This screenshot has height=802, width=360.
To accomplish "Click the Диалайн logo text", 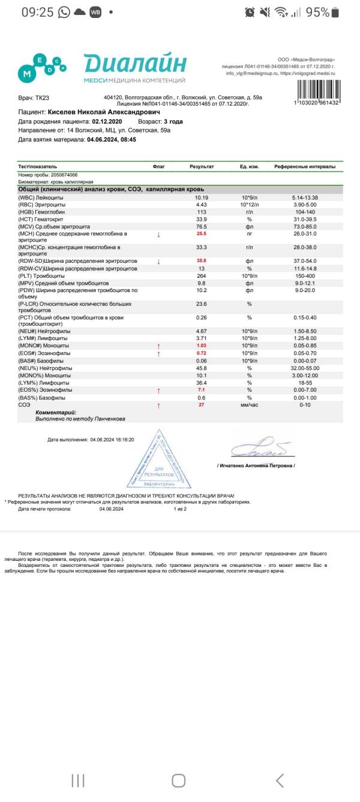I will point(135,63).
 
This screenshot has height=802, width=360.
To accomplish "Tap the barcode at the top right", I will point(317,90).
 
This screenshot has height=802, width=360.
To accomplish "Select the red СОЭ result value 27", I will point(202,405).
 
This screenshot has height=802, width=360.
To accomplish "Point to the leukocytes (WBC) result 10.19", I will point(202,197).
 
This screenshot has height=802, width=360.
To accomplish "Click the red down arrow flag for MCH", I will point(158,235).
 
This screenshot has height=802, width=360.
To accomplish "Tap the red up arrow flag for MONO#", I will point(158,346).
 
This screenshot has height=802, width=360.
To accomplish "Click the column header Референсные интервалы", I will point(305,166).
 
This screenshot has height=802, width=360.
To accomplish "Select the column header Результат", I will point(202,166).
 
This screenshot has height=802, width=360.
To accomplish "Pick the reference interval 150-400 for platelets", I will point(305,275).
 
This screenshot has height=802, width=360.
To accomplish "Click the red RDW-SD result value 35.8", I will point(202,261).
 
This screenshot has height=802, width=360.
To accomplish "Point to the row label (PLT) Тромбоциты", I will point(49,275).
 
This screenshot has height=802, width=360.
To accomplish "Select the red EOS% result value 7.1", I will point(202,391).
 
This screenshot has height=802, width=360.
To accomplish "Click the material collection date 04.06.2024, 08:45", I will point(112,139).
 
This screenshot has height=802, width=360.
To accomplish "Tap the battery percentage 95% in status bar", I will point(317,12).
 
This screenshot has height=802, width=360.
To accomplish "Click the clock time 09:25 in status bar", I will point(37,12).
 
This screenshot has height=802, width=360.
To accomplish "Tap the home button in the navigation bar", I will point(179,780).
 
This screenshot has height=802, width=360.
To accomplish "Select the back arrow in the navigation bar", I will point(280,780).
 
